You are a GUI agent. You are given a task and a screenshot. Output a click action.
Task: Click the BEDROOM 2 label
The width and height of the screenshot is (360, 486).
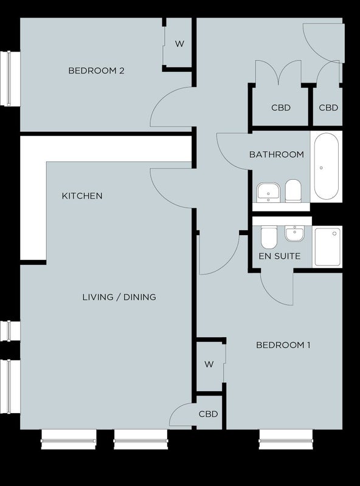(x=96, y=70)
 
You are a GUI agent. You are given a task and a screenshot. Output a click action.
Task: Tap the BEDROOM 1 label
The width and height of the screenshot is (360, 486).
(x=283, y=345)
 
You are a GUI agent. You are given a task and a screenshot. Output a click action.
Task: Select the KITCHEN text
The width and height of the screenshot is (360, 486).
(x=82, y=196)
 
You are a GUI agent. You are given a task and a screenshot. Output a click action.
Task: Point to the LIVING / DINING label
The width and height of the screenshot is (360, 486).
(x=119, y=297)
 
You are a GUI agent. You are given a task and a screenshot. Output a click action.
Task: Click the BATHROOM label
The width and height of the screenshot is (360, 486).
(x=277, y=154)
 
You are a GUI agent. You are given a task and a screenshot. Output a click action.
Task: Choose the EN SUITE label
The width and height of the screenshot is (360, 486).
(x=280, y=256)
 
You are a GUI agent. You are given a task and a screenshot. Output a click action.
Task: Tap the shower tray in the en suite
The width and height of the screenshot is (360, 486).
(x=328, y=247)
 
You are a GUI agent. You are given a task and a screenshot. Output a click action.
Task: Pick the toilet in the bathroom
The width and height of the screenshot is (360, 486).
(x=293, y=191)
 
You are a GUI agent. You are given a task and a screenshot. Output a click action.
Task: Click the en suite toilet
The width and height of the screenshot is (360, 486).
(x=269, y=238)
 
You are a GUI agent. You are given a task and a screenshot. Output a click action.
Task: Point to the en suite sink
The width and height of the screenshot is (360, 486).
(x=295, y=233)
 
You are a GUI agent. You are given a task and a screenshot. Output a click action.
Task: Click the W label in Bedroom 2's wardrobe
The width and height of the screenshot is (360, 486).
(x=179, y=44)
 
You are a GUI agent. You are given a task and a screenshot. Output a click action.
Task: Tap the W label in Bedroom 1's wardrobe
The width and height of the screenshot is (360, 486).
(x=209, y=364)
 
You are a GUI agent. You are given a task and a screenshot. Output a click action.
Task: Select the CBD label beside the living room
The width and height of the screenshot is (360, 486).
(x=208, y=414)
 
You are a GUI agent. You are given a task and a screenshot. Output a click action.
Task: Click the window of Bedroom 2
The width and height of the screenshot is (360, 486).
(x=10, y=79)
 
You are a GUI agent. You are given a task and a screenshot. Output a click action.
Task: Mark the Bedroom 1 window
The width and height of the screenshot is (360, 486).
(x=286, y=439)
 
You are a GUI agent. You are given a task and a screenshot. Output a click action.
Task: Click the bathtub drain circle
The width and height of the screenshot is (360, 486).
(x=321, y=168)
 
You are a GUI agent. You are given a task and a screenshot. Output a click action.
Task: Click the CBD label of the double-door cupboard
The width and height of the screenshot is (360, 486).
(x=281, y=108)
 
